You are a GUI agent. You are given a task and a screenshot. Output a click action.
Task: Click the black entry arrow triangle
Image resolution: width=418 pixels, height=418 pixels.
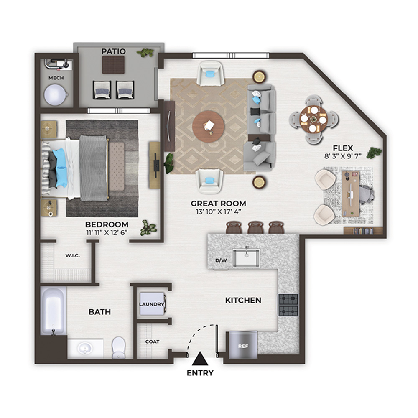click(x=200, y=358)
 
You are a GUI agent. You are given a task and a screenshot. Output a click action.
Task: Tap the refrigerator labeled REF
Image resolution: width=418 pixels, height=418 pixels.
click(x=243, y=345)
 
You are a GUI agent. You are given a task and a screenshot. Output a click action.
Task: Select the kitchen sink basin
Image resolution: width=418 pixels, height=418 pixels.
click(x=246, y=258)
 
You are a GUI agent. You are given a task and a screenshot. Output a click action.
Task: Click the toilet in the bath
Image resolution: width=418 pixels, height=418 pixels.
click(x=118, y=348)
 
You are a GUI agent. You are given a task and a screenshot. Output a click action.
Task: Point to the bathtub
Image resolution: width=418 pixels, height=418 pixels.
click(x=54, y=311)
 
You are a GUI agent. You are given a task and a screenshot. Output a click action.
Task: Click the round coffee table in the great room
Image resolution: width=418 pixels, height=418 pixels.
click(x=209, y=126)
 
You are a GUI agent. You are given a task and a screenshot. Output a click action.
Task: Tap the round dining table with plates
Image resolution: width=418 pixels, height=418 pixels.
click(x=313, y=119)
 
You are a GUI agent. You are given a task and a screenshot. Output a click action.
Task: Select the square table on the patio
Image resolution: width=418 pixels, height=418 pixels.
click(x=113, y=65)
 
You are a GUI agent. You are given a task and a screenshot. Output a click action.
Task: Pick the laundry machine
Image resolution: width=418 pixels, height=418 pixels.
click(x=152, y=304)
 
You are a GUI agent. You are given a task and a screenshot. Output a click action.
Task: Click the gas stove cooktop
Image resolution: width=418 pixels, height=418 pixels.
click(x=288, y=305)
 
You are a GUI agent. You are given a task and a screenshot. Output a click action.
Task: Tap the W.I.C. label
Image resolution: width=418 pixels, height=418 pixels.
click(x=72, y=256)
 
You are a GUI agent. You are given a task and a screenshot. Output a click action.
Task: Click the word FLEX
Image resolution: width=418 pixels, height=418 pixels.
click(x=343, y=148)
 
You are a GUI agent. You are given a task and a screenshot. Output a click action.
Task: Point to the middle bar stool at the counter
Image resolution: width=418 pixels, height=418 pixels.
click(x=256, y=227)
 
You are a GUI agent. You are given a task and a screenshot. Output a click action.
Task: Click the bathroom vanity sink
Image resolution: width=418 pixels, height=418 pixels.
click(x=85, y=349)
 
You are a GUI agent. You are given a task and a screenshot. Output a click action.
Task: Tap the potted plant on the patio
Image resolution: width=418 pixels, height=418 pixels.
click(x=145, y=53)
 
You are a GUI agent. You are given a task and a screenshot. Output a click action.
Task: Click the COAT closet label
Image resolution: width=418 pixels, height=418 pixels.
click(x=152, y=342)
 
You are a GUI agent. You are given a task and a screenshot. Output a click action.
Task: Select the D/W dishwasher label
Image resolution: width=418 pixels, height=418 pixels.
click(x=221, y=260)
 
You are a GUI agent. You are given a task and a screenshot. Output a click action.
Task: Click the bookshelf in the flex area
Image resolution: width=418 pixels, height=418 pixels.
click(x=363, y=231)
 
